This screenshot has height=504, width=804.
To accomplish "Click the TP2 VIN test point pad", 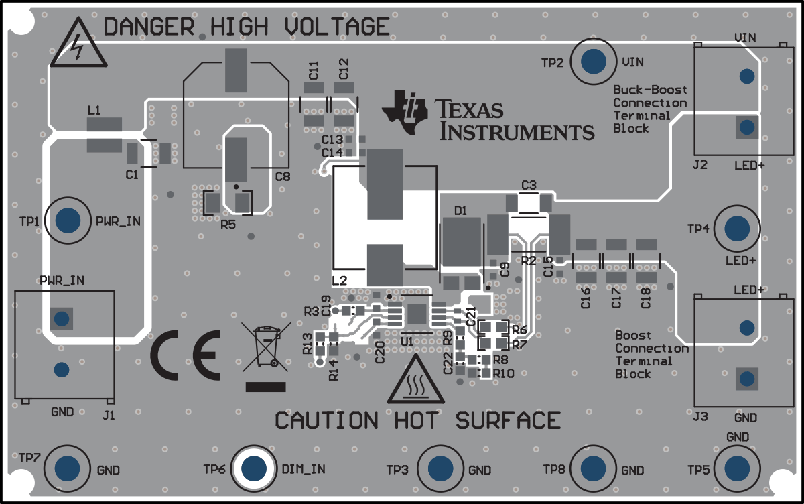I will [x=594, y=62].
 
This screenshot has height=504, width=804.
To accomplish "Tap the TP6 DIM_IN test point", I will [x=254, y=468].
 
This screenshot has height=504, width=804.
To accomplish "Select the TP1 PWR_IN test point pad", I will [x=69, y=220].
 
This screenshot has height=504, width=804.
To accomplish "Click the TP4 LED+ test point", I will [x=737, y=229].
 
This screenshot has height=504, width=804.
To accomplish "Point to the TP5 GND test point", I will [x=737, y=468].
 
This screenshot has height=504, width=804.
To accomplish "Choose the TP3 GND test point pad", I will [x=440, y=468].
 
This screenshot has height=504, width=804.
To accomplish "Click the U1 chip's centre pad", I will [x=417, y=313].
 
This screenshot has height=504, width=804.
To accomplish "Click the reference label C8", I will [x=283, y=177].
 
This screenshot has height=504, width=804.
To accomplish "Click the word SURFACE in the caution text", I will [x=508, y=420].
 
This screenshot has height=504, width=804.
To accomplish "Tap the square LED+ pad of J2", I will [x=746, y=127].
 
